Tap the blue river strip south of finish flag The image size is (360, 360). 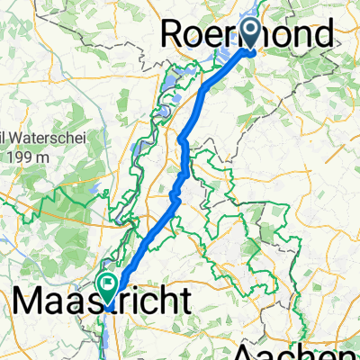tap(109, 337)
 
